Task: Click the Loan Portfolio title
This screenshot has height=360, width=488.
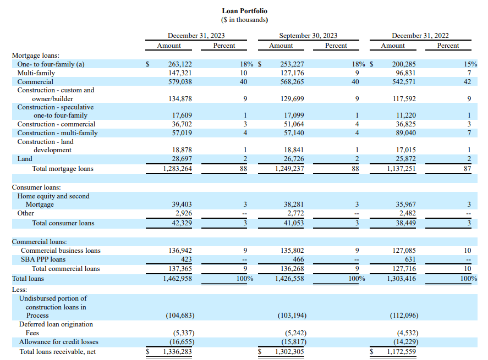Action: coord(244,11)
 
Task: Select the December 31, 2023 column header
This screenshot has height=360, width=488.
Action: coord(196,35)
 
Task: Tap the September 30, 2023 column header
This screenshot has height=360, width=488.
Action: coord(308,35)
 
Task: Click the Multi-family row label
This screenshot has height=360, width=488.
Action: coord(36,73)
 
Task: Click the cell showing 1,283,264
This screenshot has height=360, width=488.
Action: coord(178,169)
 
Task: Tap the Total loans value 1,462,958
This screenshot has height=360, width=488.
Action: coord(178,279)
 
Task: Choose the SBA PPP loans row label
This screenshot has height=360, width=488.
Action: coord(43,259)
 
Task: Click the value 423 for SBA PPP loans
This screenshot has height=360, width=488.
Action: coord(186,259)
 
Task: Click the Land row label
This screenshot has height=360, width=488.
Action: coord(25,159)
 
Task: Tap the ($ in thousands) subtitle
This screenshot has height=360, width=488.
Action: coord(244,20)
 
